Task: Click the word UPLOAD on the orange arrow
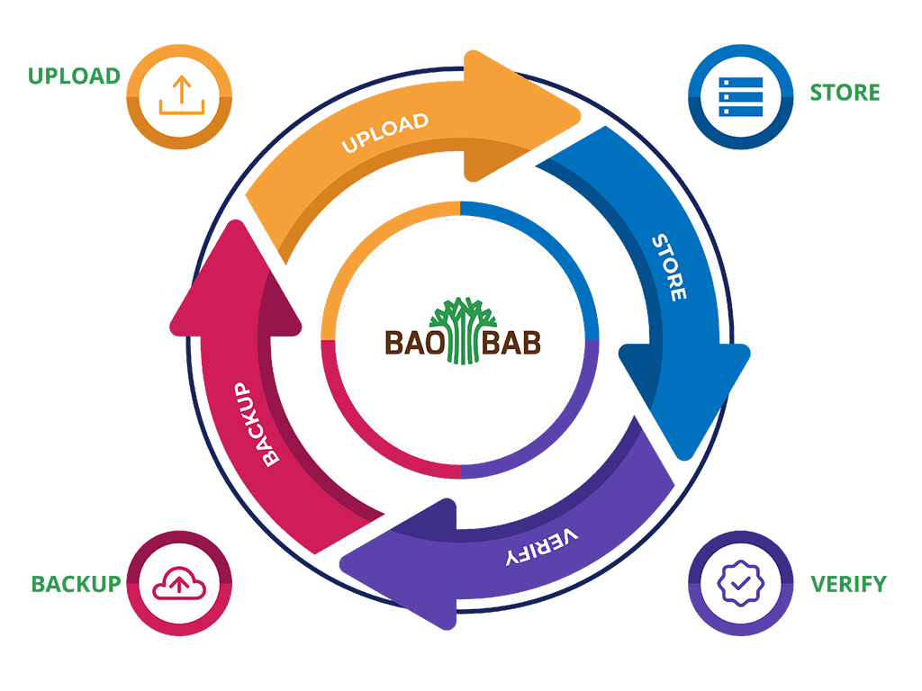point(384,133)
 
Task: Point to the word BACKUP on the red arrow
point(258,423)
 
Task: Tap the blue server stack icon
point(741,95)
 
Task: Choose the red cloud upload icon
point(179,586)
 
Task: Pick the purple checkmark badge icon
point(741,584)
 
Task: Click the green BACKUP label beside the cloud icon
point(76,583)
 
